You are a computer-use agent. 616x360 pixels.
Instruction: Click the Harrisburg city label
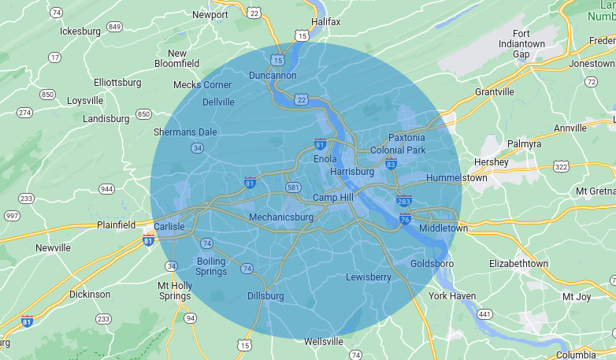352,171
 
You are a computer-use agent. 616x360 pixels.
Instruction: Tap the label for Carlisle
169,226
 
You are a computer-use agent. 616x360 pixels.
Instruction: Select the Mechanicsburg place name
281,217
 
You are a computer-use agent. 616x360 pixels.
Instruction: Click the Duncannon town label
273,75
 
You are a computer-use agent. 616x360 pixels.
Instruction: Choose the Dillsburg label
265,295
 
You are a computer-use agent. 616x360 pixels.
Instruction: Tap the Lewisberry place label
369,276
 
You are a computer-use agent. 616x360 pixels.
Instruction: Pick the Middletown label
443,228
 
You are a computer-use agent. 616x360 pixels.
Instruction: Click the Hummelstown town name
457,177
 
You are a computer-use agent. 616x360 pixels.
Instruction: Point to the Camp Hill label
332,197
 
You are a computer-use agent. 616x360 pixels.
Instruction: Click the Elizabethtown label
518,263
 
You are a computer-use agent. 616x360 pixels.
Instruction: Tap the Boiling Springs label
211,266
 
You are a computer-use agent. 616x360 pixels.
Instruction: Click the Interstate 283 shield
404,202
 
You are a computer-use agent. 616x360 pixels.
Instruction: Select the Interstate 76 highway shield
405,219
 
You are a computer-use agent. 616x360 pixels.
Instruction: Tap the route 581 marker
293,187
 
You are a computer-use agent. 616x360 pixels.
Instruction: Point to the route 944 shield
106,189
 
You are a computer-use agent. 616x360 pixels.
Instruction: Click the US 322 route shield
561,166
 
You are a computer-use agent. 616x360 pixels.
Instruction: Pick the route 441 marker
484,314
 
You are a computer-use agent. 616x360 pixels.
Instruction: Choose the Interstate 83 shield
391,163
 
